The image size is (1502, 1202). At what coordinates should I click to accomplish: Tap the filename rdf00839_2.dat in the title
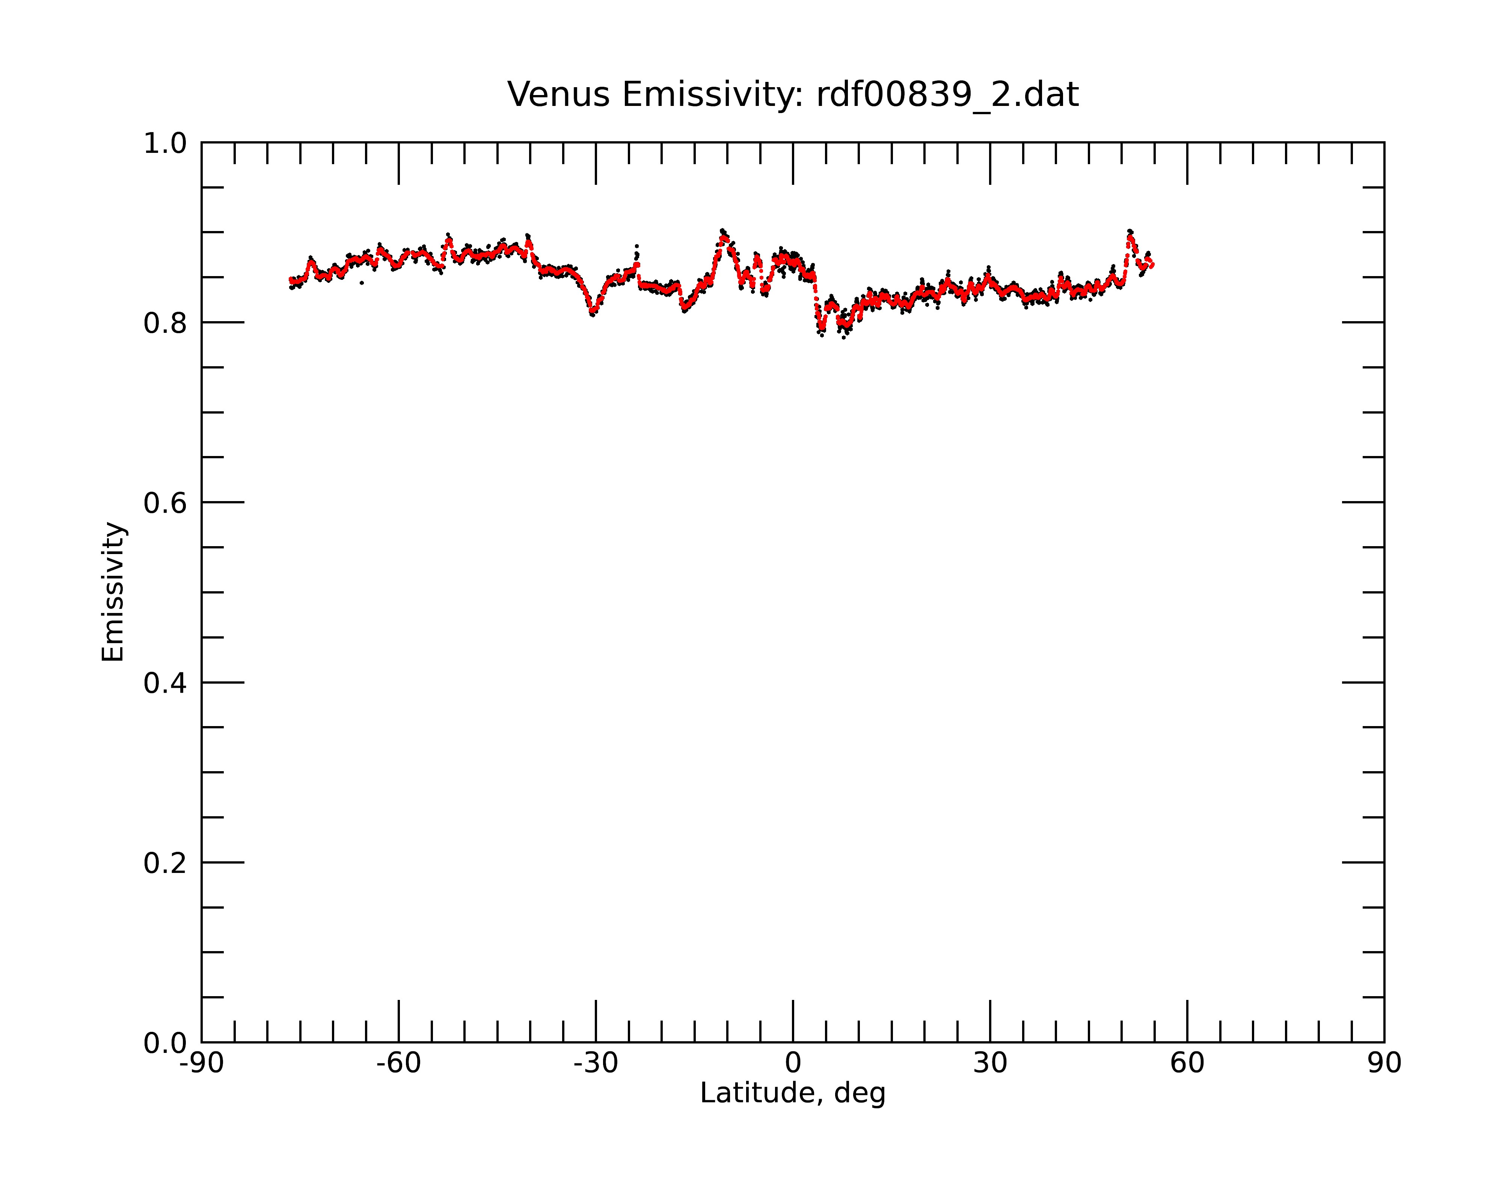click(947, 95)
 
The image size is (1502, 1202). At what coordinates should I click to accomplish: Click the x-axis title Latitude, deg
click(793, 1093)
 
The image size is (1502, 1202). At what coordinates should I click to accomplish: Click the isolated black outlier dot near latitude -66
click(362, 283)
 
